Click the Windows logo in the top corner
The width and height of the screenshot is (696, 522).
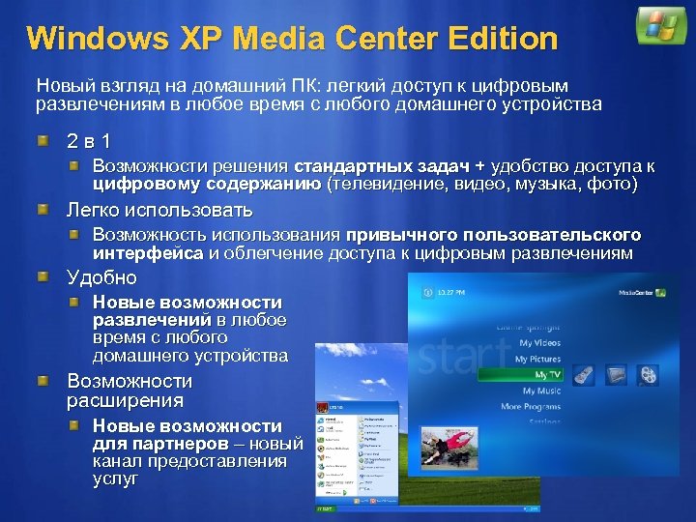coord(660,26)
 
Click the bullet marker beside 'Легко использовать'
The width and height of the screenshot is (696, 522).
coord(42,210)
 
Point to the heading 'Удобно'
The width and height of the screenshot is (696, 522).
coord(101,278)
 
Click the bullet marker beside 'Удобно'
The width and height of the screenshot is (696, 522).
coord(42,278)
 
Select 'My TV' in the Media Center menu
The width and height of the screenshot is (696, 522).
coord(547,374)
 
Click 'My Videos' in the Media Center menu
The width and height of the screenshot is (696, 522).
coord(539,342)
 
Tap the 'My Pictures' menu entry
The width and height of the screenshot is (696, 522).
coord(537,359)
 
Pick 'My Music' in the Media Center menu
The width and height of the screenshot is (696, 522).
coord(541,391)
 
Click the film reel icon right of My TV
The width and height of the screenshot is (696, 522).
coord(648,374)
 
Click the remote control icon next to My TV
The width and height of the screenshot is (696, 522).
coord(585,374)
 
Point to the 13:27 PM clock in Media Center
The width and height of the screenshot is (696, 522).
coord(451,292)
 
